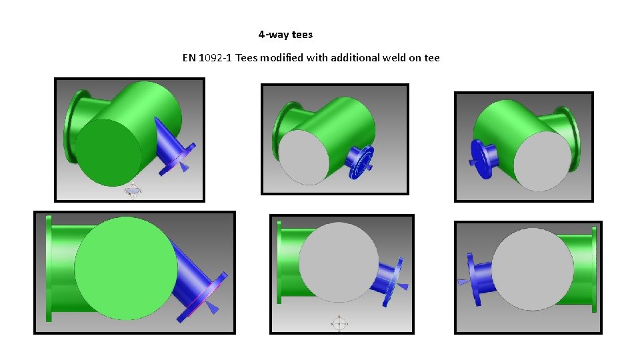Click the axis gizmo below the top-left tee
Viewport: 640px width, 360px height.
coord(133,191)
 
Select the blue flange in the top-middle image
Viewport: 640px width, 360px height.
coord(361,162)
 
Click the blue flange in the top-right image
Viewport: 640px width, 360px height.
coord(479,154)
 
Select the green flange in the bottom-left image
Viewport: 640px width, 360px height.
coord(48,268)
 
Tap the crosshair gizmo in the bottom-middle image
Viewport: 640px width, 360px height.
coord(339,324)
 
